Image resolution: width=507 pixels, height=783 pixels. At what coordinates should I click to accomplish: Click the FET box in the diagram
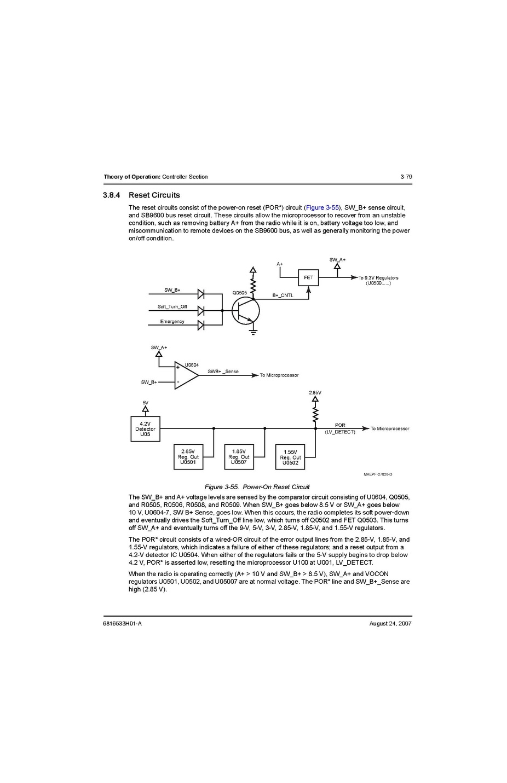pyautogui.click(x=308, y=277)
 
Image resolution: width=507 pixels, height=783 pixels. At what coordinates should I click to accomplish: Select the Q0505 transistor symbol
pyautogui.click(x=245, y=311)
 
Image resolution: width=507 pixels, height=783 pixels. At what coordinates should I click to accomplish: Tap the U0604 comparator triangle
pyautogui.click(x=186, y=375)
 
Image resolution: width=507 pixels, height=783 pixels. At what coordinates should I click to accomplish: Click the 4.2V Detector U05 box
pyautogui.click(x=145, y=429)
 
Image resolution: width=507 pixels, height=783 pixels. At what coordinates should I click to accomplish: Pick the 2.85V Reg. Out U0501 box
pyautogui.click(x=188, y=457)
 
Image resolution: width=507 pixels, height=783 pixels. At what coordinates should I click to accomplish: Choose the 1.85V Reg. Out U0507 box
pyautogui.click(x=239, y=457)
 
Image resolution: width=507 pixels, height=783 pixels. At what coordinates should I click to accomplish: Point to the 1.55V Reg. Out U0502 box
pyautogui.click(x=290, y=457)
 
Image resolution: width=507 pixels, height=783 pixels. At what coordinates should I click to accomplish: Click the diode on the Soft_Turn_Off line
pyautogui.click(x=200, y=311)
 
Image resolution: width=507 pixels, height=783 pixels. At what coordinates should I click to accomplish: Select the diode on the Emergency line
pyautogui.click(x=200, y=326)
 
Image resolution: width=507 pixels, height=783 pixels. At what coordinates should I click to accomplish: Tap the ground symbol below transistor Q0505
pyautogui.click(x=253, y=331)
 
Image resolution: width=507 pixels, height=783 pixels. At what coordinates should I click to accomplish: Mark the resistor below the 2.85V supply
pyautogui.click(x=315, y=413)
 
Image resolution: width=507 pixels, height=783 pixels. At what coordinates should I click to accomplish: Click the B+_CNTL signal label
pyautogui.click(x=283, y=295)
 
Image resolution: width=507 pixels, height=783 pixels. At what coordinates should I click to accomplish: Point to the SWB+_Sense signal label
pyautogui.click(x=223, y=372)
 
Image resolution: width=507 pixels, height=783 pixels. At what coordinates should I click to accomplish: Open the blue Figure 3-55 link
pyautogui.click(x=322, y=208)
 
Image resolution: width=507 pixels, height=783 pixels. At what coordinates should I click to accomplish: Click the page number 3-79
pyautogui.click(x=406, y=177)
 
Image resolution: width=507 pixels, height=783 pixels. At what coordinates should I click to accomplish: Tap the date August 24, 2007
pyautogui.click(x=390, y=624)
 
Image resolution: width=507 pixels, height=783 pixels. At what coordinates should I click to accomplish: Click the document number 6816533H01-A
pyautogui.click(x=122, y=624)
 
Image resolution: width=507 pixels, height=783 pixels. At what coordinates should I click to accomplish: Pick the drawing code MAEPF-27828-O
pyautogui.click(x=378, y=474)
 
